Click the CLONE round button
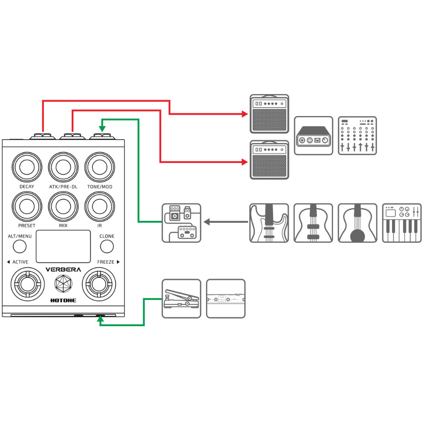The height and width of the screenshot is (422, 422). (x=107, y=246)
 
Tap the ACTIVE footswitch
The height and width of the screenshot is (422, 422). (x=27, y=285)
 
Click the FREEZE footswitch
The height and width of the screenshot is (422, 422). (x=99, y=285)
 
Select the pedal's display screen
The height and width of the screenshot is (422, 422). (x=63, y=246)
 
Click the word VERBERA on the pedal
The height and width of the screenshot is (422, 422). (x=63, y=270)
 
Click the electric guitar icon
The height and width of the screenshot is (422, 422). (x=269, y=223)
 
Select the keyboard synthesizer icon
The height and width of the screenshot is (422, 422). (x=402, y=223)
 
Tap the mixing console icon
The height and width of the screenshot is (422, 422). (x=357, y=135)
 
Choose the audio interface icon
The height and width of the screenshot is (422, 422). (x=313, y=135)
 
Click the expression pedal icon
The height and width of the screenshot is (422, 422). (x=181, y=298)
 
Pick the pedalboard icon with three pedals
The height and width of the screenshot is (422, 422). (x=181, y=223)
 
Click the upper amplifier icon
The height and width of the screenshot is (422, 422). (x=269, y=114)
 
